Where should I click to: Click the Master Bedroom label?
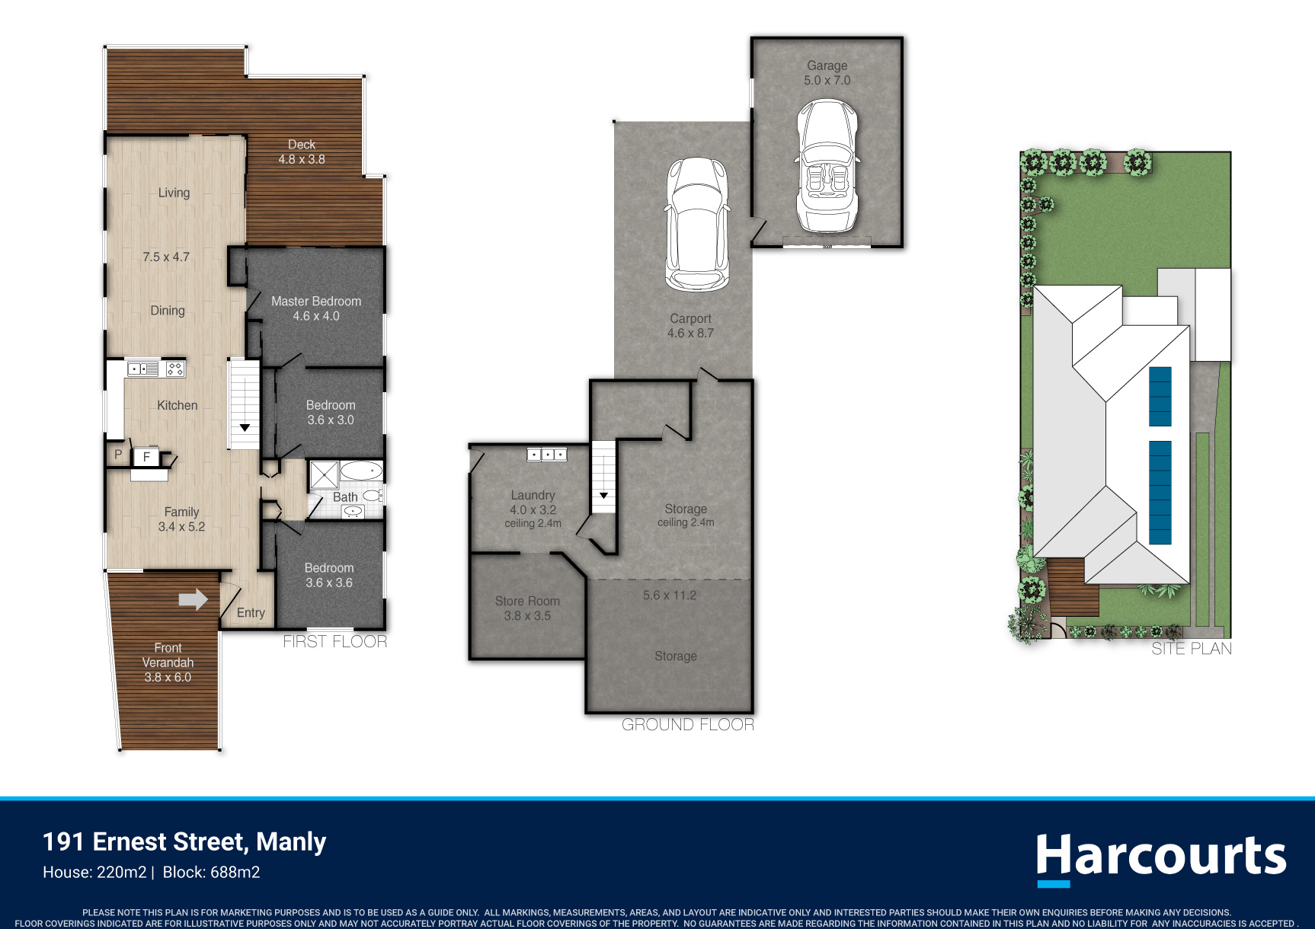pos(316,302)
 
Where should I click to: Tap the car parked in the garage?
pos(827,166)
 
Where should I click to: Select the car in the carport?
pos(697,224)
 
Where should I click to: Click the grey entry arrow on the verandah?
pos(193,599)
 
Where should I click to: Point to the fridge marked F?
pos(146,457)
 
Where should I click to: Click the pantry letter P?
pos(118,454)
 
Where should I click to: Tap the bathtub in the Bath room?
pos(361,471)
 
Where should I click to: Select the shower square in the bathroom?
pos(324,475)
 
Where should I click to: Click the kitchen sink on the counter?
pos(143,369)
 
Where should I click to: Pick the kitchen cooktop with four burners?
pos(175,369)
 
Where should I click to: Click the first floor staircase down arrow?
pos(245,428)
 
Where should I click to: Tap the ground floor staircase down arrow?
pos(603,496)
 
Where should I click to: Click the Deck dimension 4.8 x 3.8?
pos(302,159)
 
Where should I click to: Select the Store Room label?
pos(527,601)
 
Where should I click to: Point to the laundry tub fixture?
pos(547,455)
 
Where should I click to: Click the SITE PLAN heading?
pos(1192,649)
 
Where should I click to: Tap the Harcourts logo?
pos(1161,858)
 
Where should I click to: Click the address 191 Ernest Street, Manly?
pos(184,841)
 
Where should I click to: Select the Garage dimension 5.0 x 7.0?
pos(827,80)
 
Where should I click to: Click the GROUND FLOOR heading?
pos(688,725)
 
